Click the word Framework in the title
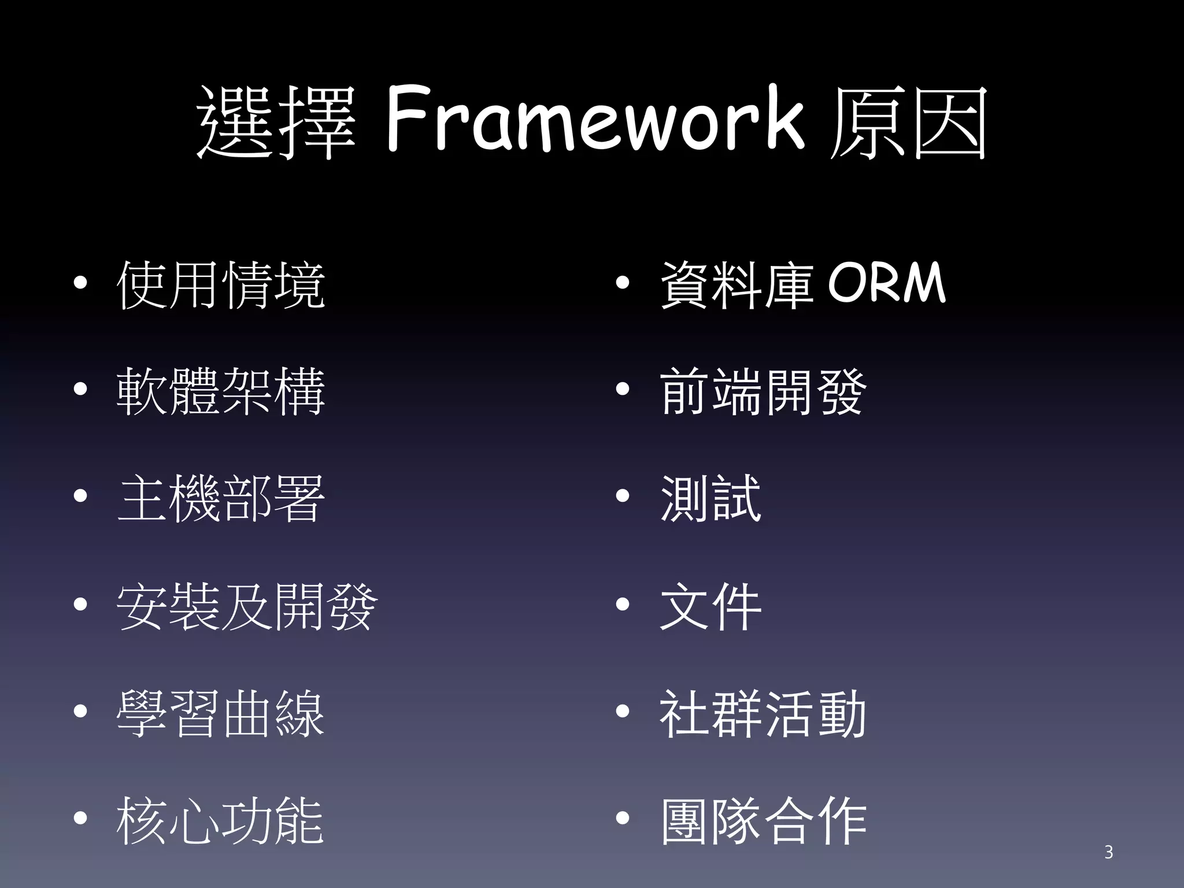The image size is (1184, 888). (594, 120)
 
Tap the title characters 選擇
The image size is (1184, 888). (276, 123)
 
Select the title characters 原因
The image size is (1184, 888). (908, 123)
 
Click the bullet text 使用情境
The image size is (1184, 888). (221, 284)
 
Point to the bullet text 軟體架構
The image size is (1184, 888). (221, 391)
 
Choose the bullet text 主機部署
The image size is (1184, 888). (221, 498)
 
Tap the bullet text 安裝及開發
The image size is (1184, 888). (247, 606)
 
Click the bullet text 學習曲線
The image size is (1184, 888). (221, 713)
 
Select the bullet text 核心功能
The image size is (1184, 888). (221, 820)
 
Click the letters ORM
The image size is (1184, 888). (887, 283)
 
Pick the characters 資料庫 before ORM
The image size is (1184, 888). (738, 284)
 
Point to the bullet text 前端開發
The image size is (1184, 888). (763, 391)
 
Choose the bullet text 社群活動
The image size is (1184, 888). (763, 713)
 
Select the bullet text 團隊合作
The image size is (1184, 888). (763, 820)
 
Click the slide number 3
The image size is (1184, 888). (1108, 852)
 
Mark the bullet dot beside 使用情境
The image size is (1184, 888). (80, 283)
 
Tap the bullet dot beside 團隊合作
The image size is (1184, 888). (622, 819)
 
